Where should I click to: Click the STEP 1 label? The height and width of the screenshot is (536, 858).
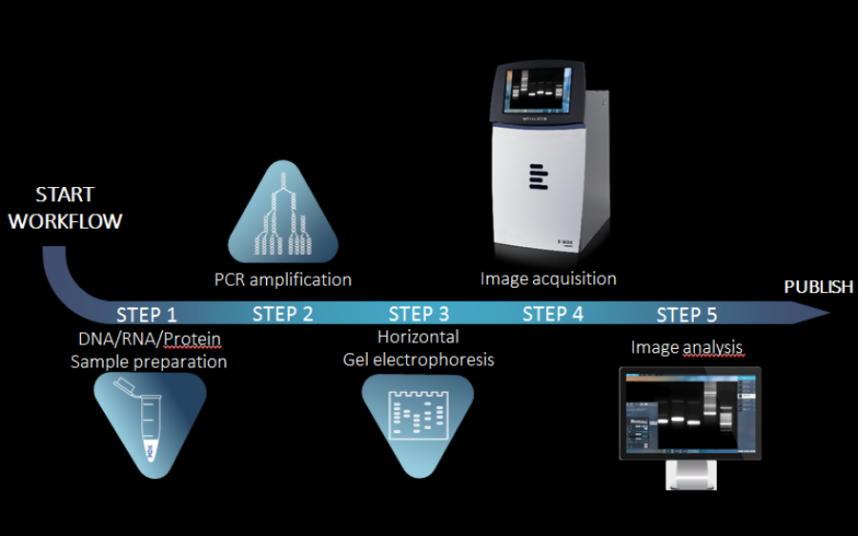(x=146, y=315)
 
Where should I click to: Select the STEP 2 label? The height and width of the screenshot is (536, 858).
(x=282, y=315)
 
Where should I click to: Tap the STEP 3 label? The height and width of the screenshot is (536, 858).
(x=419, y=314)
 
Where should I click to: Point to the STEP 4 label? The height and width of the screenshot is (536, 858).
(x=553, y=314)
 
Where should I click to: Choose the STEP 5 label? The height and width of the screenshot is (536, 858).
(x=686, y=315)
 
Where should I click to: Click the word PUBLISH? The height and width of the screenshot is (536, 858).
(x=818, y=287)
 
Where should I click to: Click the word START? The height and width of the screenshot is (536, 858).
(x=65, y=195)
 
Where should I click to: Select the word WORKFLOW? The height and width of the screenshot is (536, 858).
(x=65, y=221)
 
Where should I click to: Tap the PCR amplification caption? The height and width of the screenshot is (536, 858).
(x=283, y=279)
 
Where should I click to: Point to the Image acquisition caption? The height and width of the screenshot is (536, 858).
(x=548, y=278)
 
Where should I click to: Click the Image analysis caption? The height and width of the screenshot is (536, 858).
(x=686, y=347)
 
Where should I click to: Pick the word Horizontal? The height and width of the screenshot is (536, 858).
(x=418, y=337)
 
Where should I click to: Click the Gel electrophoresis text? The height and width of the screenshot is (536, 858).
(x=419, y=360)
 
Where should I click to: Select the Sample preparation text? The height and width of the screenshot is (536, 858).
(x=149, y=361)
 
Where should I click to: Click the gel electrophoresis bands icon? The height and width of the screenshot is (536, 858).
(x=419, y=420)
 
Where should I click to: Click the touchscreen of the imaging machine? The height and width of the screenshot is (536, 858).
(x=538, y=92)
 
